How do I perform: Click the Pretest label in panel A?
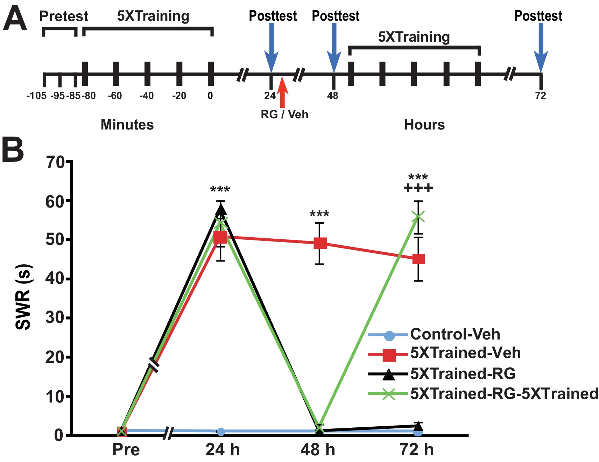click(x=64, y=16)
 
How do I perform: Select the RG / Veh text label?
click(x=284, y=114)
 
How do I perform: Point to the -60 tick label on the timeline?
click(x=115, y=96)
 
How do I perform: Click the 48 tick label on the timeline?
click(x=332, y=96)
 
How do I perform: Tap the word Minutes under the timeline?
click(x=127, y=125)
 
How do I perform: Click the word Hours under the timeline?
click(x=424, y=125)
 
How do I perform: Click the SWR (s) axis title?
click(x=24, y=297)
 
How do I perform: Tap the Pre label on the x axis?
click(x=126, y=450)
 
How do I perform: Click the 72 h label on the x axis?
click(x=416, y=450)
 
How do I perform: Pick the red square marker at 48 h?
click(x=320, y=243)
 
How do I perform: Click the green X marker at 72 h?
click(x=418, y=217)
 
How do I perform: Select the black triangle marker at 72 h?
click(x=418, y=426)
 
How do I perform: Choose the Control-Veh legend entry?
click(x=455, y=335)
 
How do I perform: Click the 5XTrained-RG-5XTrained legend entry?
click(x=504, y=394)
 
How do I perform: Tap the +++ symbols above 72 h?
click(x=418, y=189)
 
